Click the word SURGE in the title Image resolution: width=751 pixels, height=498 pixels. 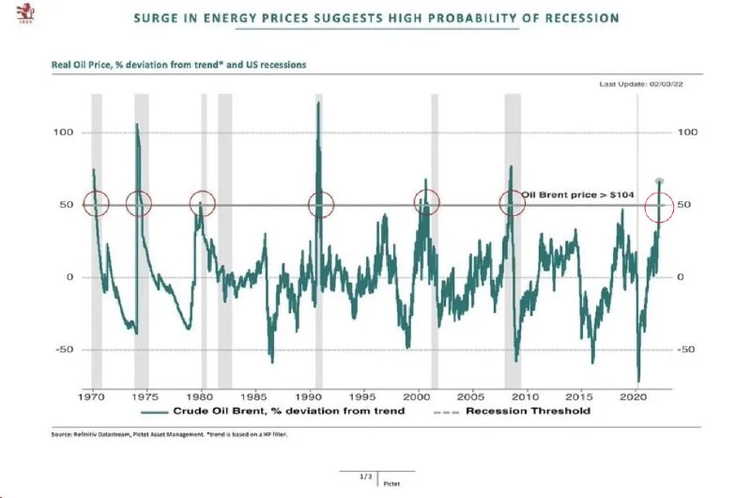pyautogui.click(x=158, y=18)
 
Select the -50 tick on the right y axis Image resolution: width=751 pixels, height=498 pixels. pyautogui.click(x=688, y=350)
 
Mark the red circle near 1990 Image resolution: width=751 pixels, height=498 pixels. pyautogui.click(x=321, y=205)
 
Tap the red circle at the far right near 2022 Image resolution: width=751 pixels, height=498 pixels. pyautogui.click(x=660, y=205)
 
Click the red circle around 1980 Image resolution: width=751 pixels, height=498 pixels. pyautogui.click(x=202, y=204)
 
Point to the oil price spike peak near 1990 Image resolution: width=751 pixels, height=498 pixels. pyautogui.click(x=318, y=102)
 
